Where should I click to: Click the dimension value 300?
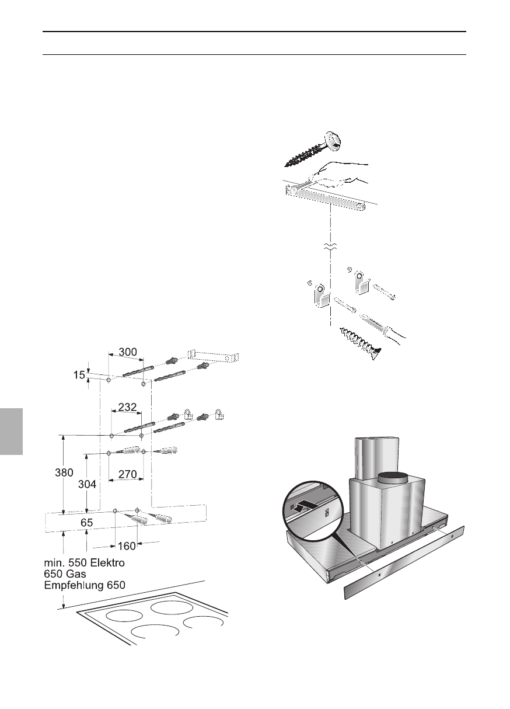128,352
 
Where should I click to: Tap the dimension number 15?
79,375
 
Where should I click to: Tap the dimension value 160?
127,546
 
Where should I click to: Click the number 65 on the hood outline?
86,524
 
